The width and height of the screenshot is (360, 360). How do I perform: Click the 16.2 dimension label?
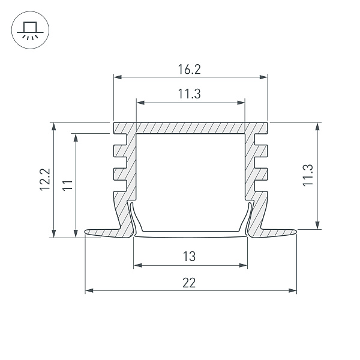190,70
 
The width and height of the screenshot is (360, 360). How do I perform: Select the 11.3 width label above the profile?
190,94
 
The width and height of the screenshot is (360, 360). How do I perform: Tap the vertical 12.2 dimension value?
45,179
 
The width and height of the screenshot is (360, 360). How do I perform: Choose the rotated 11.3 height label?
308,175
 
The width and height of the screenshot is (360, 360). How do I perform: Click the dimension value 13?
190,256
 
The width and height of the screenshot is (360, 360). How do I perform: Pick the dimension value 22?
189,283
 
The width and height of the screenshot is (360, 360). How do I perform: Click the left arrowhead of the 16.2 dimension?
118,77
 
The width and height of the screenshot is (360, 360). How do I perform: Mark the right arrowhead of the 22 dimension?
293,290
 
